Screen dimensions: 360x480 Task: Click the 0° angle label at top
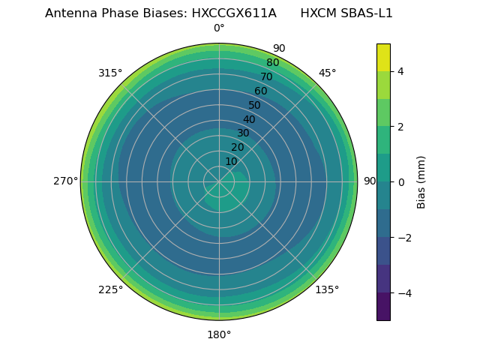pos(219,28)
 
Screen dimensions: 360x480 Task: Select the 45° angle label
pos(327,73)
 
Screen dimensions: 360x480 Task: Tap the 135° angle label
pos(327,289)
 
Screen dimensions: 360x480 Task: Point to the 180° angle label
pos(219,334)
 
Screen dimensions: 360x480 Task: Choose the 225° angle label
pos(110,289)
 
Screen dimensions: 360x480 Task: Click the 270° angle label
pos(66,181)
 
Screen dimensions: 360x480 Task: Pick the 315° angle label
pos(110,73)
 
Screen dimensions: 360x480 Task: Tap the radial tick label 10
pos(231,161)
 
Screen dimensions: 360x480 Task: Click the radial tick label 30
pos(243,133)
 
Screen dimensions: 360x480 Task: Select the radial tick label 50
pos(254,105)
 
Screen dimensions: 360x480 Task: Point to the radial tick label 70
pos(266,76)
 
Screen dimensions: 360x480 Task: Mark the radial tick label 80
pos(272,63)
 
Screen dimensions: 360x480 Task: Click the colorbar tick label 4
pos(401,71)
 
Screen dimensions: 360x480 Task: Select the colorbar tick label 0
pos(401,182)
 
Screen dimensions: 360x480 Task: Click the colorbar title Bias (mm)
pos(421,182)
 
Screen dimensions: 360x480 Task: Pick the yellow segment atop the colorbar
pos(383,57)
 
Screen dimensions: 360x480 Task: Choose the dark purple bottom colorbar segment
pos(383,307)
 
